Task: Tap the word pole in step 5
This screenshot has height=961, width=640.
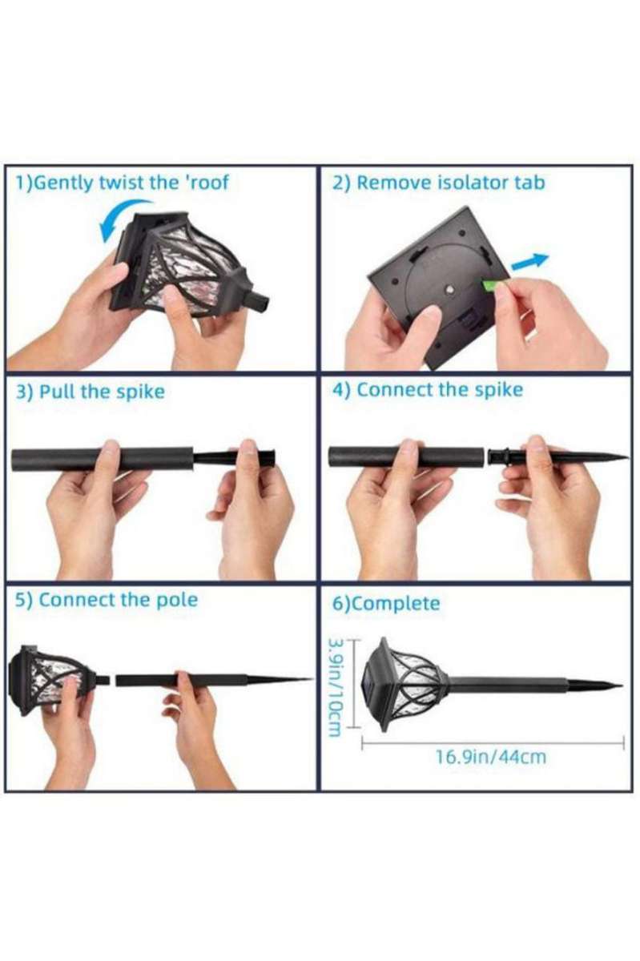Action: tap(178, 600)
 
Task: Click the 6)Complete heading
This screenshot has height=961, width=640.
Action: tap(386, 603)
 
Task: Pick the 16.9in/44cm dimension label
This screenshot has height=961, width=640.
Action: tap(491, 757)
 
